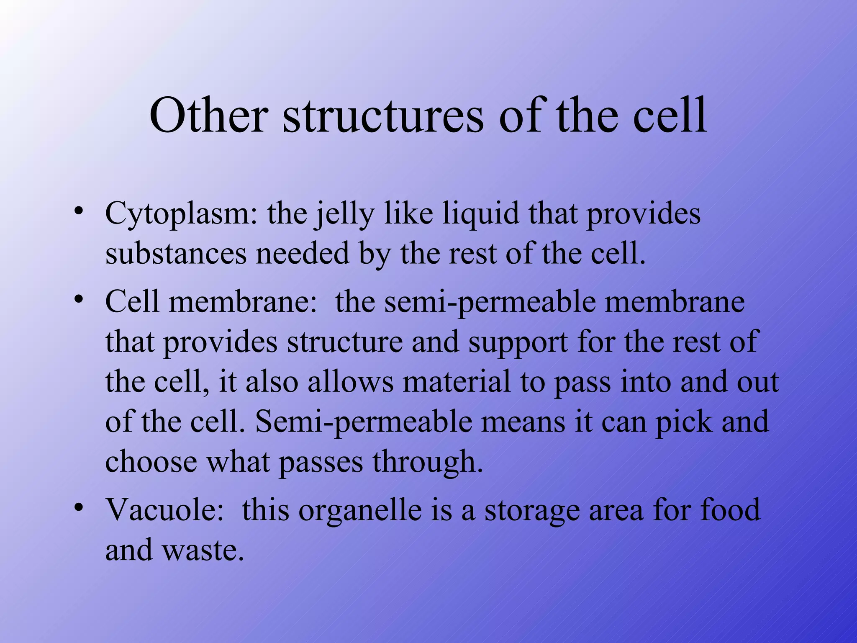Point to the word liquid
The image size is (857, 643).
[x=480, y=213]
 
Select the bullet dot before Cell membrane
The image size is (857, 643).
[x=77, y=299]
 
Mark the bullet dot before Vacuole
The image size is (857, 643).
[x=77, y=507]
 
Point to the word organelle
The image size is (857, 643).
[x=360, y=511]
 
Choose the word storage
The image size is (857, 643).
[x=532, y=511]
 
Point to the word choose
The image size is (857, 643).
[x=151, y=461]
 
